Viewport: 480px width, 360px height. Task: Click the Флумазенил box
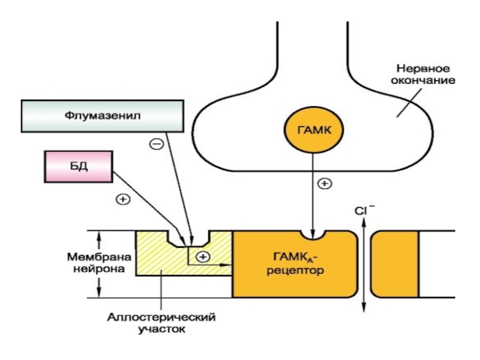point(103,116)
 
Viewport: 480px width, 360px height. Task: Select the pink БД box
point(79,167)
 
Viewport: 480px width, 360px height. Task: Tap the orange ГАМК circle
point(314,130)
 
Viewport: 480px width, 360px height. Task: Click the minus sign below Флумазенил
point(157,143)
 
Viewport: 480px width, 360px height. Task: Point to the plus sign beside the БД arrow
point(123,200)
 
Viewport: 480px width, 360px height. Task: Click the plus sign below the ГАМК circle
point(325,184)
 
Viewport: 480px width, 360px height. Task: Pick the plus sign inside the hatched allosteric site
point(203,257)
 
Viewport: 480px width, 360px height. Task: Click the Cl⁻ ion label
point(364,210)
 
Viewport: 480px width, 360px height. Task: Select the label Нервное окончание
point(423,74)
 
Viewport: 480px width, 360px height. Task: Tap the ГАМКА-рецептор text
point(295,263)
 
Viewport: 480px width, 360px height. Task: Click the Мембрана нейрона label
point(99,263)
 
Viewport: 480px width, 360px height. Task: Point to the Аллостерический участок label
point(161,323)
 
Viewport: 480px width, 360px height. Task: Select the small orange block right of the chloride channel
point(395,264)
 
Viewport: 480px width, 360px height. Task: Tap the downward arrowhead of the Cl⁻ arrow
point(364,307)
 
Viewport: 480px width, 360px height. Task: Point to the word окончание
point(423,80)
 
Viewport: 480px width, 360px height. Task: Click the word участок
point(162,329)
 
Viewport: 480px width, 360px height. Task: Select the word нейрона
point(99,269)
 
